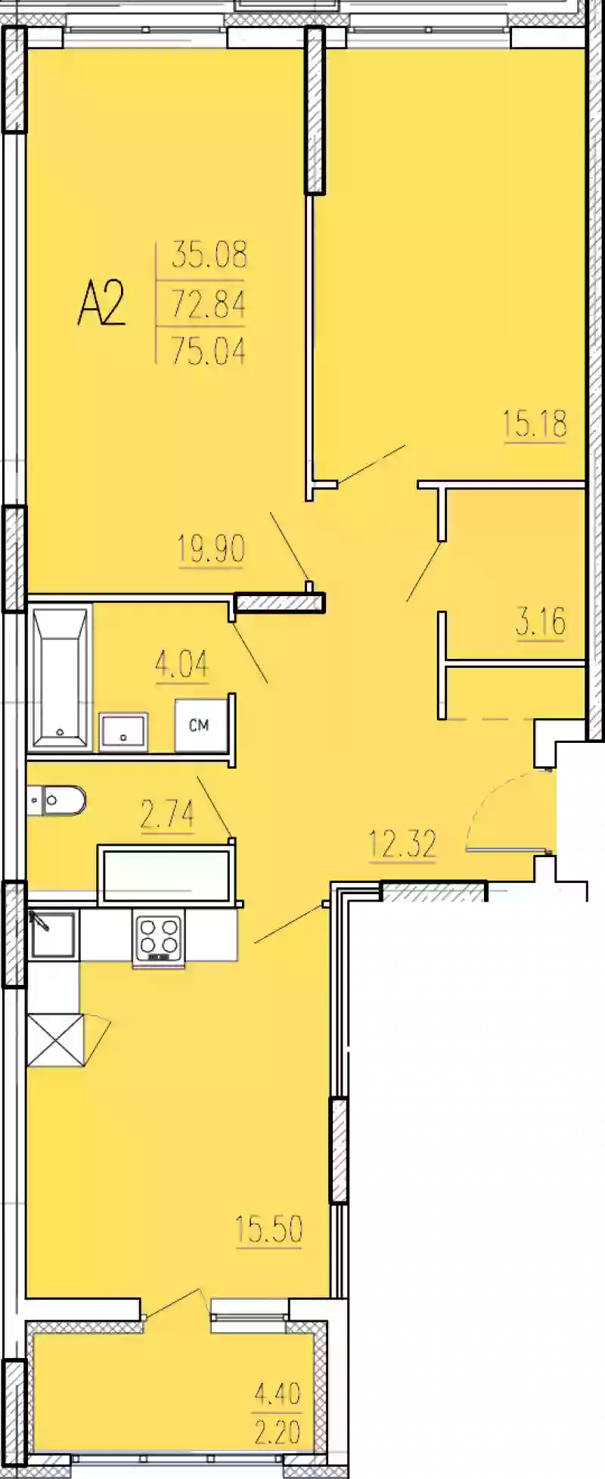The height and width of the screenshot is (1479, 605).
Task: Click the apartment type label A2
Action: (101, 303)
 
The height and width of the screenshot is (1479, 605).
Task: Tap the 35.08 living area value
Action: (209, 255)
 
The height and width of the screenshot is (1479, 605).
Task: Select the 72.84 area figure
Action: (209, 304)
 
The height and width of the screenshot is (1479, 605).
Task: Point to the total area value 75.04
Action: (209, 351)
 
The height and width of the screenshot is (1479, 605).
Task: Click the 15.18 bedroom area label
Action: (535, 424)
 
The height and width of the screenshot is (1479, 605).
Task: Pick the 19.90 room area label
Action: (211, 548)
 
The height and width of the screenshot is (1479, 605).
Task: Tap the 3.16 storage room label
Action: (541, 623)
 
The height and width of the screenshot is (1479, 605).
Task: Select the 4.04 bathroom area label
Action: (181, 665)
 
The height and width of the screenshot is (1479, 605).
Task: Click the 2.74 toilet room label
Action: (167, 815)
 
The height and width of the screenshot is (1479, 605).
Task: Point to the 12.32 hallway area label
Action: (402, 844)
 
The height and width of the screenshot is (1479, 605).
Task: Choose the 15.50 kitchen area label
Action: (268, 1229)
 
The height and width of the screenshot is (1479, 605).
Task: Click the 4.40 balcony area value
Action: (278, 1394)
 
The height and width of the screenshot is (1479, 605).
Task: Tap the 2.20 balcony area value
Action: (278, 1432)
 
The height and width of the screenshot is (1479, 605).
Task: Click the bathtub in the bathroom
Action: (60, 677)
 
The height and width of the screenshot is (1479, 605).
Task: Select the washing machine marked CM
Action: (199, 726)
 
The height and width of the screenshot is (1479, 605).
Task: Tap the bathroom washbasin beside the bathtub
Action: (123, 732)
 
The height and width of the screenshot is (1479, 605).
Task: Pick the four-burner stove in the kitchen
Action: (159, 937)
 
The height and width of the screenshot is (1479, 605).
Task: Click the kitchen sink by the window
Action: (52, 935)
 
